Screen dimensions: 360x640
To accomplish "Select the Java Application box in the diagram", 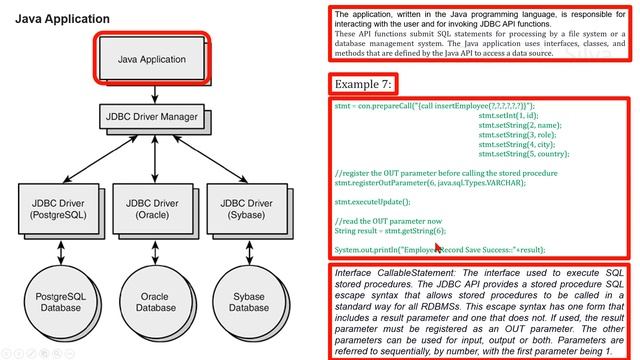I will coord(152,59).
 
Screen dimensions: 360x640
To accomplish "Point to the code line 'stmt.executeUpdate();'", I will coord(371,201).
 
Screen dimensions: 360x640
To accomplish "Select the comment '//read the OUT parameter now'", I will coord(388,220).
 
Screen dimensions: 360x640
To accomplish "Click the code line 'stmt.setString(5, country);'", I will coord(524,154).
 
